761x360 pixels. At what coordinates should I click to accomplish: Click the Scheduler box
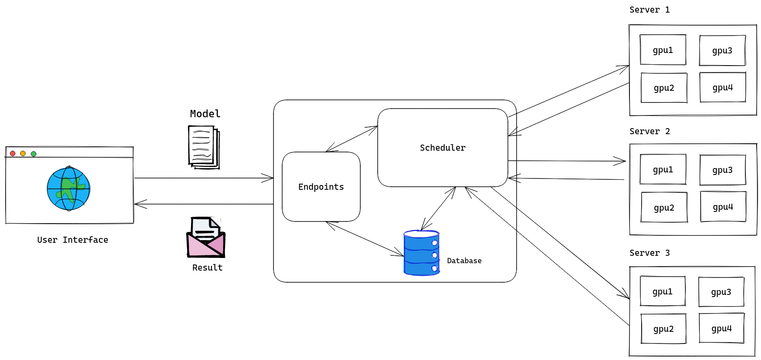pyautogui.click(x=442, y=148)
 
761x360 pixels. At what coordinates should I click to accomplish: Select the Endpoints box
pyautogui.click(x=321, y=187)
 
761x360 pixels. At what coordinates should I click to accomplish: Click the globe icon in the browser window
pyautogui.click(x=69, y=188)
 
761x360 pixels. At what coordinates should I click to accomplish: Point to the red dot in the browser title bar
pyautogui.click(x=13, y=153)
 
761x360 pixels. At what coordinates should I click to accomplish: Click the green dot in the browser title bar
pyautogui.click(x=33, y=154)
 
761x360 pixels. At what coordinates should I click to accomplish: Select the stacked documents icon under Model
pyautogui.click(x=204, y=147)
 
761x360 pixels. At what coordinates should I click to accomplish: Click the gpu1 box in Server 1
pyautogui.click(x=663, y=50)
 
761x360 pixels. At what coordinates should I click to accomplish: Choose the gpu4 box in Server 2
pyautogui.click(x=723, y=207)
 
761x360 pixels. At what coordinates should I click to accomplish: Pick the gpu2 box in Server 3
pyautogui.click(x=663, y=329)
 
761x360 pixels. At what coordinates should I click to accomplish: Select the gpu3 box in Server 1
pyautogui.click(x=722, y=50)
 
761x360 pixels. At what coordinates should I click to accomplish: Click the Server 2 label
pyautogui.click(x=649, y=131)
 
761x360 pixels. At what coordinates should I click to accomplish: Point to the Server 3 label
pyautogui.click(x=649, y=253)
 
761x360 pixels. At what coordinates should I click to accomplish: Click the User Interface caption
pyautogui.click(x=72, y=240)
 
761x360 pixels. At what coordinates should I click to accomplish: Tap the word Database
pyautogui.click(x=464, y=261)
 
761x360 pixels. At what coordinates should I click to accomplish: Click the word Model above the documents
pyautogui.click(x=205, y=114)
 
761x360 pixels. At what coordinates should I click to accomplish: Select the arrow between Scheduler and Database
pyautogui.click(x=438, y=208)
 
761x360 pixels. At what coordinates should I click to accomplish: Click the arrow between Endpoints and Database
pyautogui.click(x=365, y=238)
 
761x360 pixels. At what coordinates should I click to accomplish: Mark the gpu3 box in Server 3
pyautogui.click(x=721, y=292)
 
